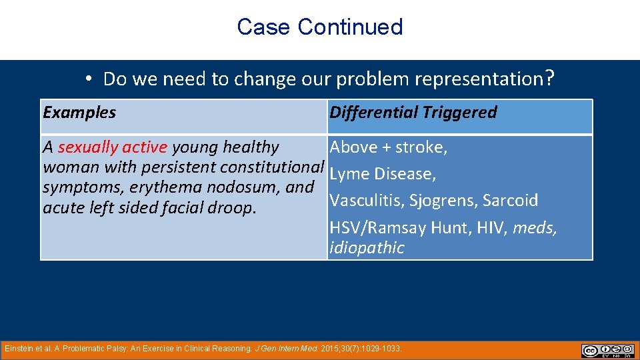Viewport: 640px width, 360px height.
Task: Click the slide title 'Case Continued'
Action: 319,27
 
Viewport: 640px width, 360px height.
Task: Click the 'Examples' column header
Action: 79,113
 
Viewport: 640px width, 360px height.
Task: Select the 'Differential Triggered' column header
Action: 413,113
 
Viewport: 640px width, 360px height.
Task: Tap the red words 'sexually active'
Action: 113,147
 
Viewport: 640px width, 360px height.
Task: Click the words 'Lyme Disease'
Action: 383,174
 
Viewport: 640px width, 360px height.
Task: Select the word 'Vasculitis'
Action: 365,201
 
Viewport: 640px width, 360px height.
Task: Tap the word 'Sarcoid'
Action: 510,201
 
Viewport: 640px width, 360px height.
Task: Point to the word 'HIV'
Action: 491,228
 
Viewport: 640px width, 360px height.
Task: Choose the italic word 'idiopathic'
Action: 367,248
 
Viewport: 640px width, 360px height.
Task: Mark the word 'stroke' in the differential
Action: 423,147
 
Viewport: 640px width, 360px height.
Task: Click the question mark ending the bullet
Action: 549,79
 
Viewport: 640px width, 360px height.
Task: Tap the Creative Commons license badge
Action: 607,351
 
